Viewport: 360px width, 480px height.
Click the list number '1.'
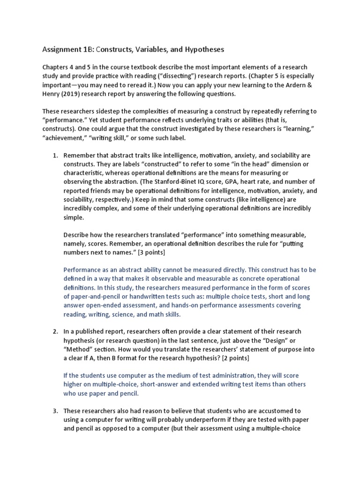[54, 155]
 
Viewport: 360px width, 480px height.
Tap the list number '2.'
[54, 331]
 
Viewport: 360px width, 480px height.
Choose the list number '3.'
[54, 411]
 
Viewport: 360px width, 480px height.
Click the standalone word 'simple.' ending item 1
[74, 217]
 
